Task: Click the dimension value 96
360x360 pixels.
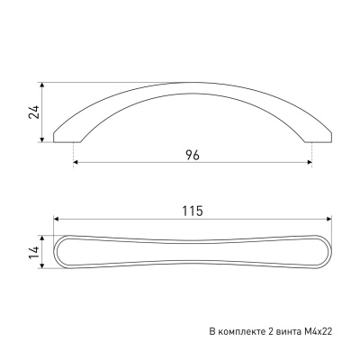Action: (x=193, y=155)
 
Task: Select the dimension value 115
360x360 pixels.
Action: (x=193, y=211)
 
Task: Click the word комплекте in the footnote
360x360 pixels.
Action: (x=240, y=332)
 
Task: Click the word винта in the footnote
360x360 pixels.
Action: (x=288, y=332)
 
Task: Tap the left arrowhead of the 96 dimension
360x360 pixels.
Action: (x=76, y=162)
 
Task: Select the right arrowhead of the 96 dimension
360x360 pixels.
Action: (x=310, y=162)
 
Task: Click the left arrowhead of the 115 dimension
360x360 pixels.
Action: (x=56, y=219)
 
